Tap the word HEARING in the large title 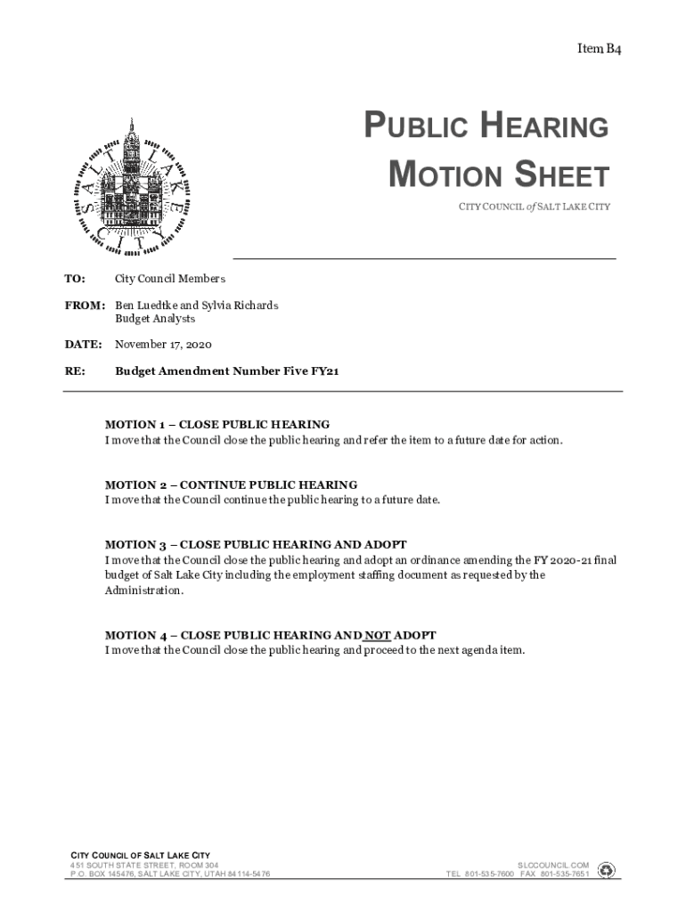(544, 127)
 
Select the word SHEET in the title (558, 175)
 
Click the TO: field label (75, 280)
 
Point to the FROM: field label (85, 305)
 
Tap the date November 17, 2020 (163, 344)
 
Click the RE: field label (74, 370)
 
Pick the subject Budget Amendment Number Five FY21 (226, 370)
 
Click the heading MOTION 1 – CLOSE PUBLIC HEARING (217, 425)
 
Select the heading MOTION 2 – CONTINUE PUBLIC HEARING (231, 485)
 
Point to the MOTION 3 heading (256, 544)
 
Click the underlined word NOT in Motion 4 (378, 635)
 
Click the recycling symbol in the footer (607, 869)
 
